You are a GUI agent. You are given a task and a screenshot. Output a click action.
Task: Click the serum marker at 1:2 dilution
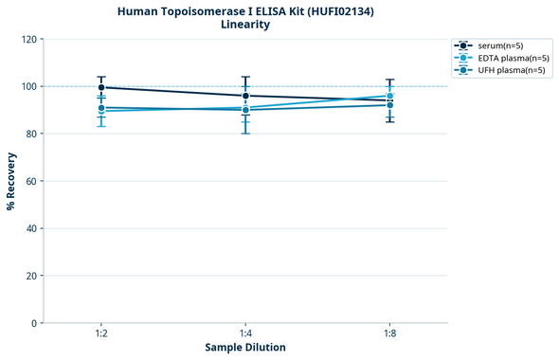point(101,87)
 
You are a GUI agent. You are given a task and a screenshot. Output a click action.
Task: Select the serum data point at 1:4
point(245,96)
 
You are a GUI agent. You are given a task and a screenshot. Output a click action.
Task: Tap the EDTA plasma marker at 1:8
point(390,96)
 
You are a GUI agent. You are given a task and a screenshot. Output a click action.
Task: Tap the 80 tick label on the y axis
point(28,134)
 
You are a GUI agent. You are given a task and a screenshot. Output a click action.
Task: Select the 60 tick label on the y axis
point(28,181)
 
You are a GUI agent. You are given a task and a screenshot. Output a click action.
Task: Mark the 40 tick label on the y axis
point(28,228)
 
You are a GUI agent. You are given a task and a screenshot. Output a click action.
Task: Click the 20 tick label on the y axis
point(28,276)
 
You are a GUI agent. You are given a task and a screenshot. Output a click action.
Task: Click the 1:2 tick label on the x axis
point(101,334)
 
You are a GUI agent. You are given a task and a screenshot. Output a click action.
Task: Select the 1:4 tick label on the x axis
point(245,334)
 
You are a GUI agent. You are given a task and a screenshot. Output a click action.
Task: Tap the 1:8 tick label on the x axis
point(390,334)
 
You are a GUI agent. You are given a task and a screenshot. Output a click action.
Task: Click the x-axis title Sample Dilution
point(245,348)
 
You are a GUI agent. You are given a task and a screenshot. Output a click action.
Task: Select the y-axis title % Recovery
point(10,181)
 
